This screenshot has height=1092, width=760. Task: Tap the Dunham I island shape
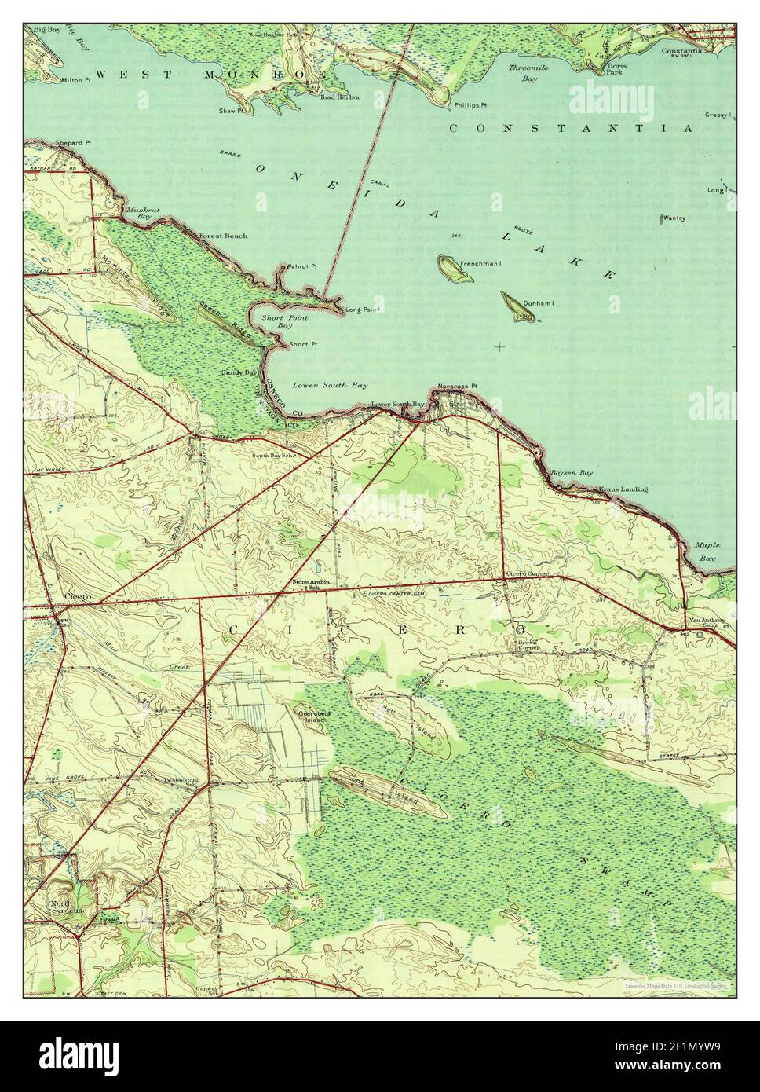tap(518, 307)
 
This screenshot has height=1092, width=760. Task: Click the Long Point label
tap(362, 310)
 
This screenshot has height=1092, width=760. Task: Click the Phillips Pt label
tap(470, 104)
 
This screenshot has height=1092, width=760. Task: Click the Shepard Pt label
tap(74, 143)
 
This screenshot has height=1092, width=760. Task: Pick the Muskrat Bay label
tap(137, 213)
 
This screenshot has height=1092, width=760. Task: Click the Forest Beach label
tap(223, 236)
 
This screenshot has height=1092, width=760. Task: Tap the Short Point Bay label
tap(285, 321)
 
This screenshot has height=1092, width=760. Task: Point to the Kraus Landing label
tap(623, 489)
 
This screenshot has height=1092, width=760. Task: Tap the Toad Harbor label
tap(340, 97)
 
